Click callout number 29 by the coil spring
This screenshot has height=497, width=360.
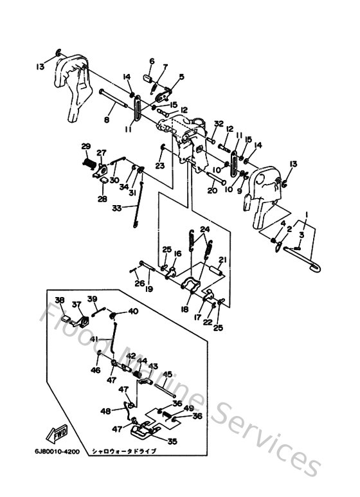click(x=85, y=146)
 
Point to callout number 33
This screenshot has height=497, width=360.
click(x=117, y=208)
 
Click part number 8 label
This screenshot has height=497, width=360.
click(x=107, y=120)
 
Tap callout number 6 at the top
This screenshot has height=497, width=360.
click(x=152, y=62)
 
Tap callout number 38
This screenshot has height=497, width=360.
click(x=59, y=300)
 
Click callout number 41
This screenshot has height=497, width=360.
click(x=94, y=339)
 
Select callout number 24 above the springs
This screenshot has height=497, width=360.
click(x=204, y=230)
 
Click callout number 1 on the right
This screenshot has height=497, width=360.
click(x=308, y=213)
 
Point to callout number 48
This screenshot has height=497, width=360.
click(x=106, y=411)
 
